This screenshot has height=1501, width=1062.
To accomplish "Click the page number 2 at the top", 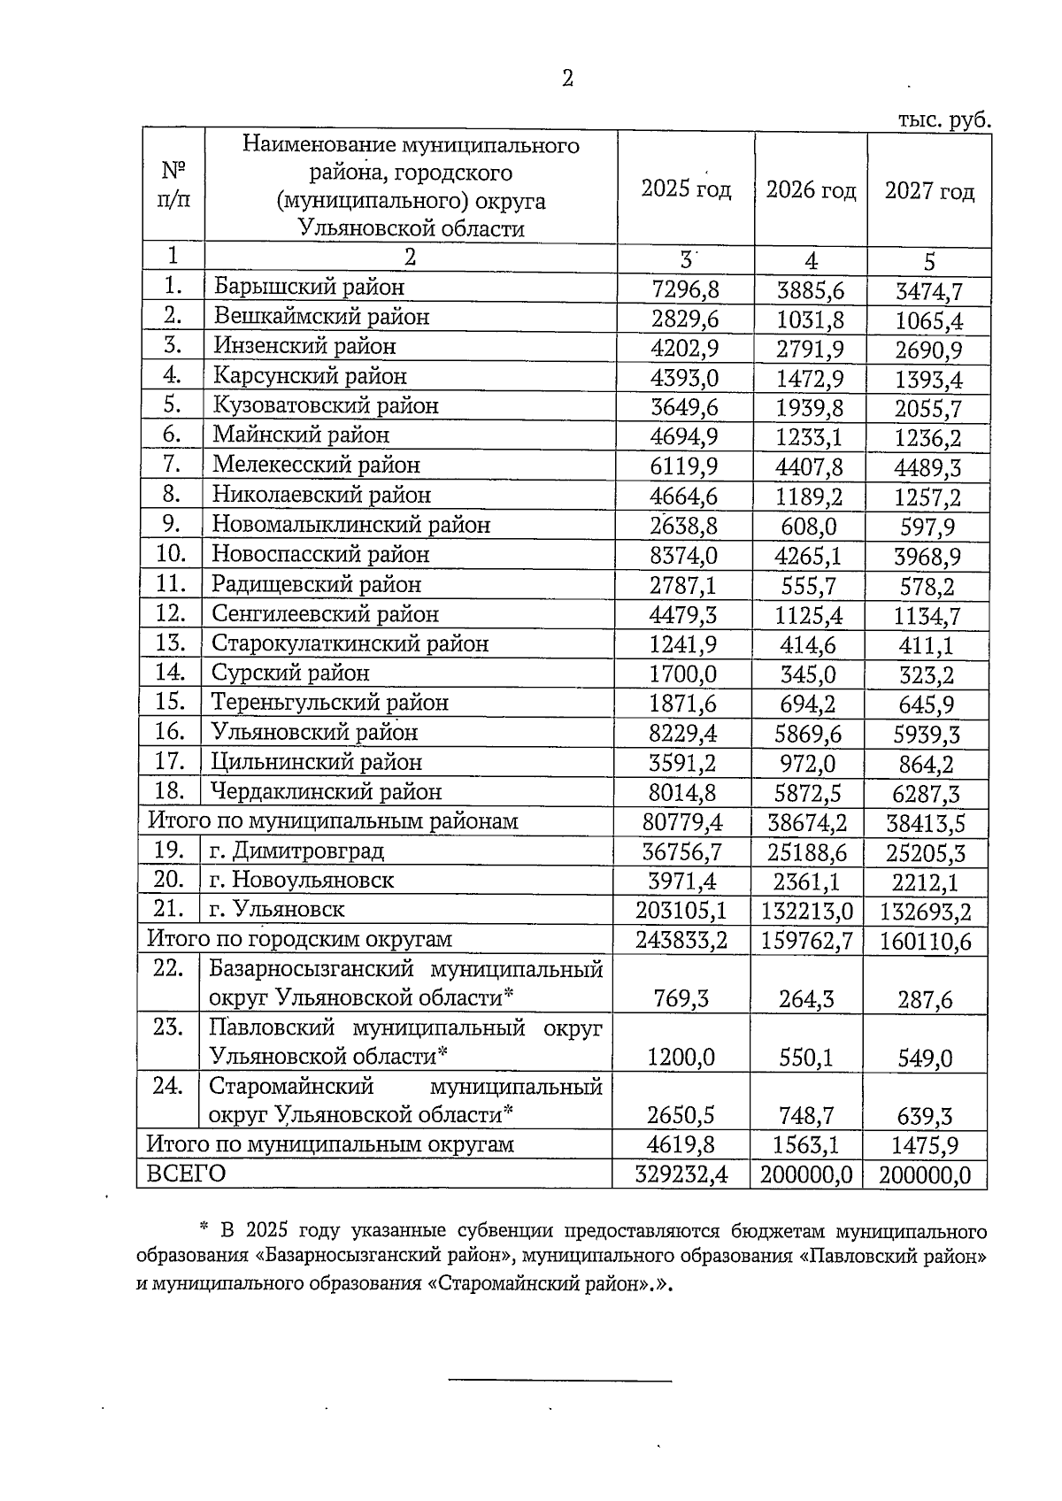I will click(567, 79).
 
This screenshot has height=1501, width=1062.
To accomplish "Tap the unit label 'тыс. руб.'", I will click(943, 120).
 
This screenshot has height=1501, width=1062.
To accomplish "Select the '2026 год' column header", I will click(811, 190).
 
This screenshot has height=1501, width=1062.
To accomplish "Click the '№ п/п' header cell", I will click(173, 184).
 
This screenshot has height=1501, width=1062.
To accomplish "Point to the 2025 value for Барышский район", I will click(684, 289).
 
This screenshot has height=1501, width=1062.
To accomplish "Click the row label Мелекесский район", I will click(316, 465).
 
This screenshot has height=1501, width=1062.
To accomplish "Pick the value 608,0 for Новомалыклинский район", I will click(808, 527).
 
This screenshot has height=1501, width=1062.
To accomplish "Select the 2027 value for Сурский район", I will click(927, 676).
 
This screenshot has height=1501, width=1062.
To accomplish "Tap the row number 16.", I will click(170, 732).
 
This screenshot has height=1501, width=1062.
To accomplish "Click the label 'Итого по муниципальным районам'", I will click(333, 821).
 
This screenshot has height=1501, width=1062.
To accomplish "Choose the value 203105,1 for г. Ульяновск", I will click(681, 910).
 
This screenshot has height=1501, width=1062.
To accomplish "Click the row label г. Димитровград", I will click(297, 851).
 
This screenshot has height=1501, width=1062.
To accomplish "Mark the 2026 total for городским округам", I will click(806, 940).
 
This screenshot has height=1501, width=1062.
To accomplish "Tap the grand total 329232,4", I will click(681, 1174).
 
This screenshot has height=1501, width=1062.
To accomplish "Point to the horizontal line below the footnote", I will click(560, 1380).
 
